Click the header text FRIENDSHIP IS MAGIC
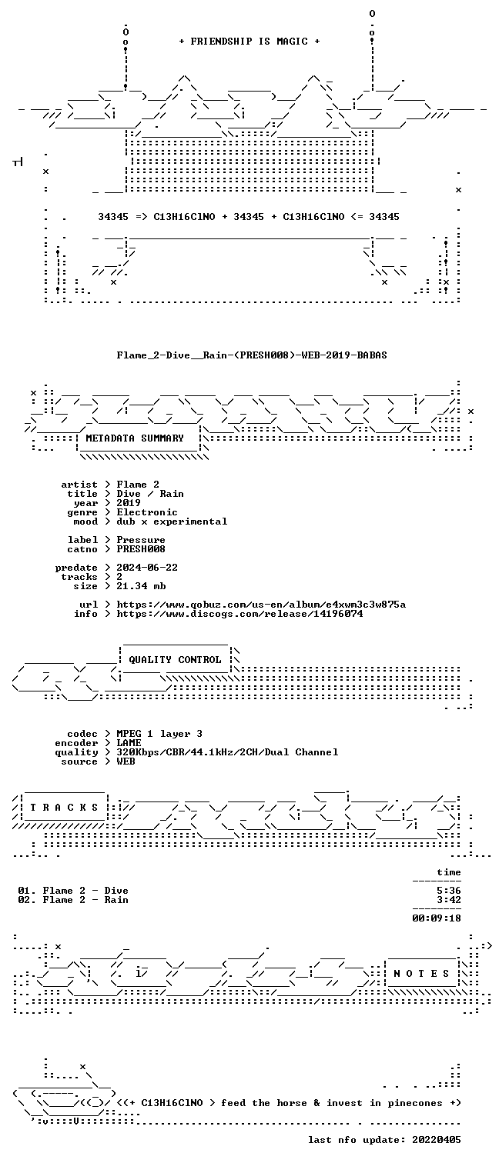point(249,42)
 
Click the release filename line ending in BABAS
point(252,355)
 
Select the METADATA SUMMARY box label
point(135,438)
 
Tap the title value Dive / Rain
point(150,494)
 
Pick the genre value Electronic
point(147,512)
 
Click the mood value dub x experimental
point(172,522)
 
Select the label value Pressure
point(141,540)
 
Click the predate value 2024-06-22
point(147,568)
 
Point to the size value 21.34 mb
point(141,586)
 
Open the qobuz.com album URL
point(261,605)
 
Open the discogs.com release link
point(239,615)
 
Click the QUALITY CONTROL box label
point(175,660)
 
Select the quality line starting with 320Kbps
point(227,752)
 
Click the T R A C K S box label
point(64,808)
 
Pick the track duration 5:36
point(449,891)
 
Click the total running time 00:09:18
point(437,918)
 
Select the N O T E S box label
point(421,974)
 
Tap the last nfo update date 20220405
point(437,1140)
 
